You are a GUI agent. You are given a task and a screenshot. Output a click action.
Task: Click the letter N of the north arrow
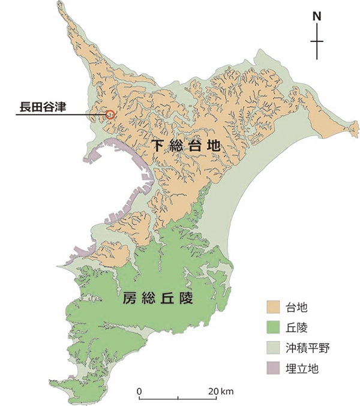coord(318,17)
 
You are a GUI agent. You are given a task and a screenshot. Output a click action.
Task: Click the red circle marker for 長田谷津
coord(110,114)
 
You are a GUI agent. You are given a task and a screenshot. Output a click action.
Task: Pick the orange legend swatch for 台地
coord(273,308)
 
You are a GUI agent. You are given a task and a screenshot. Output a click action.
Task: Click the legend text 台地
coord(298,308)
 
